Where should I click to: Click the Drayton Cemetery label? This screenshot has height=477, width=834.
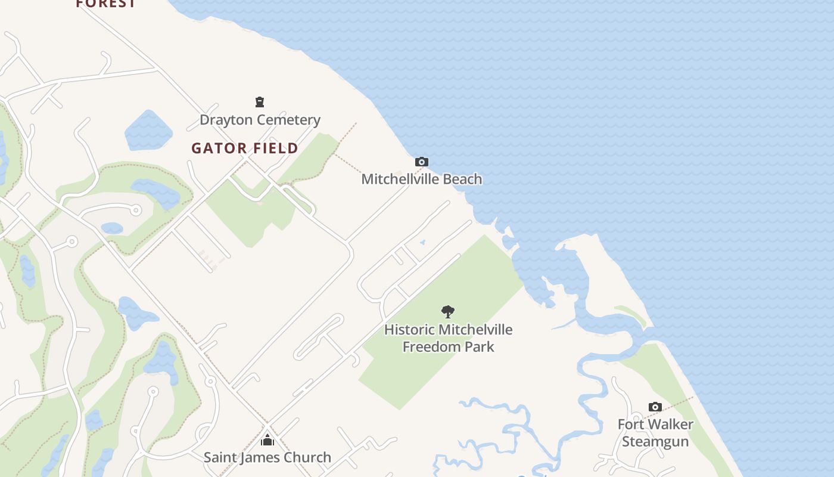tap(260, 120)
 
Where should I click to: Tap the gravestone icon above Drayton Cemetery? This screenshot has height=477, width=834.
tap(260, 102)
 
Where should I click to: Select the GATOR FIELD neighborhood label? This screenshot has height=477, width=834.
tap(245, 148)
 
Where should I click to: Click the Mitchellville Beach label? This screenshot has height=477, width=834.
tap(422, 179)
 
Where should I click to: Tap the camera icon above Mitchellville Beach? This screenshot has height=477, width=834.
tap(422, 162)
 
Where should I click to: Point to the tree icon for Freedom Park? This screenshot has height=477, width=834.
tap(448, 311)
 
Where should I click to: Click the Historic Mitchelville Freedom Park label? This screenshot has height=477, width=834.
tap(448, 338)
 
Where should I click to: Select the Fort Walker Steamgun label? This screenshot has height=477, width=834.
tap(655, 433)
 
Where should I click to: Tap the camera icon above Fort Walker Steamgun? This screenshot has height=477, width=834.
tap(655, 407)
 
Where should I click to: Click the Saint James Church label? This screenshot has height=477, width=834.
tap(267, 457)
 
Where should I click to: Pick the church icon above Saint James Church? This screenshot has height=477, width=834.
tap(267, 440)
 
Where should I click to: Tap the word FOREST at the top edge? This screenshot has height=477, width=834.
tap(106, 4)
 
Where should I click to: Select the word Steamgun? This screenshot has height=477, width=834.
tap(655, 442)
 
